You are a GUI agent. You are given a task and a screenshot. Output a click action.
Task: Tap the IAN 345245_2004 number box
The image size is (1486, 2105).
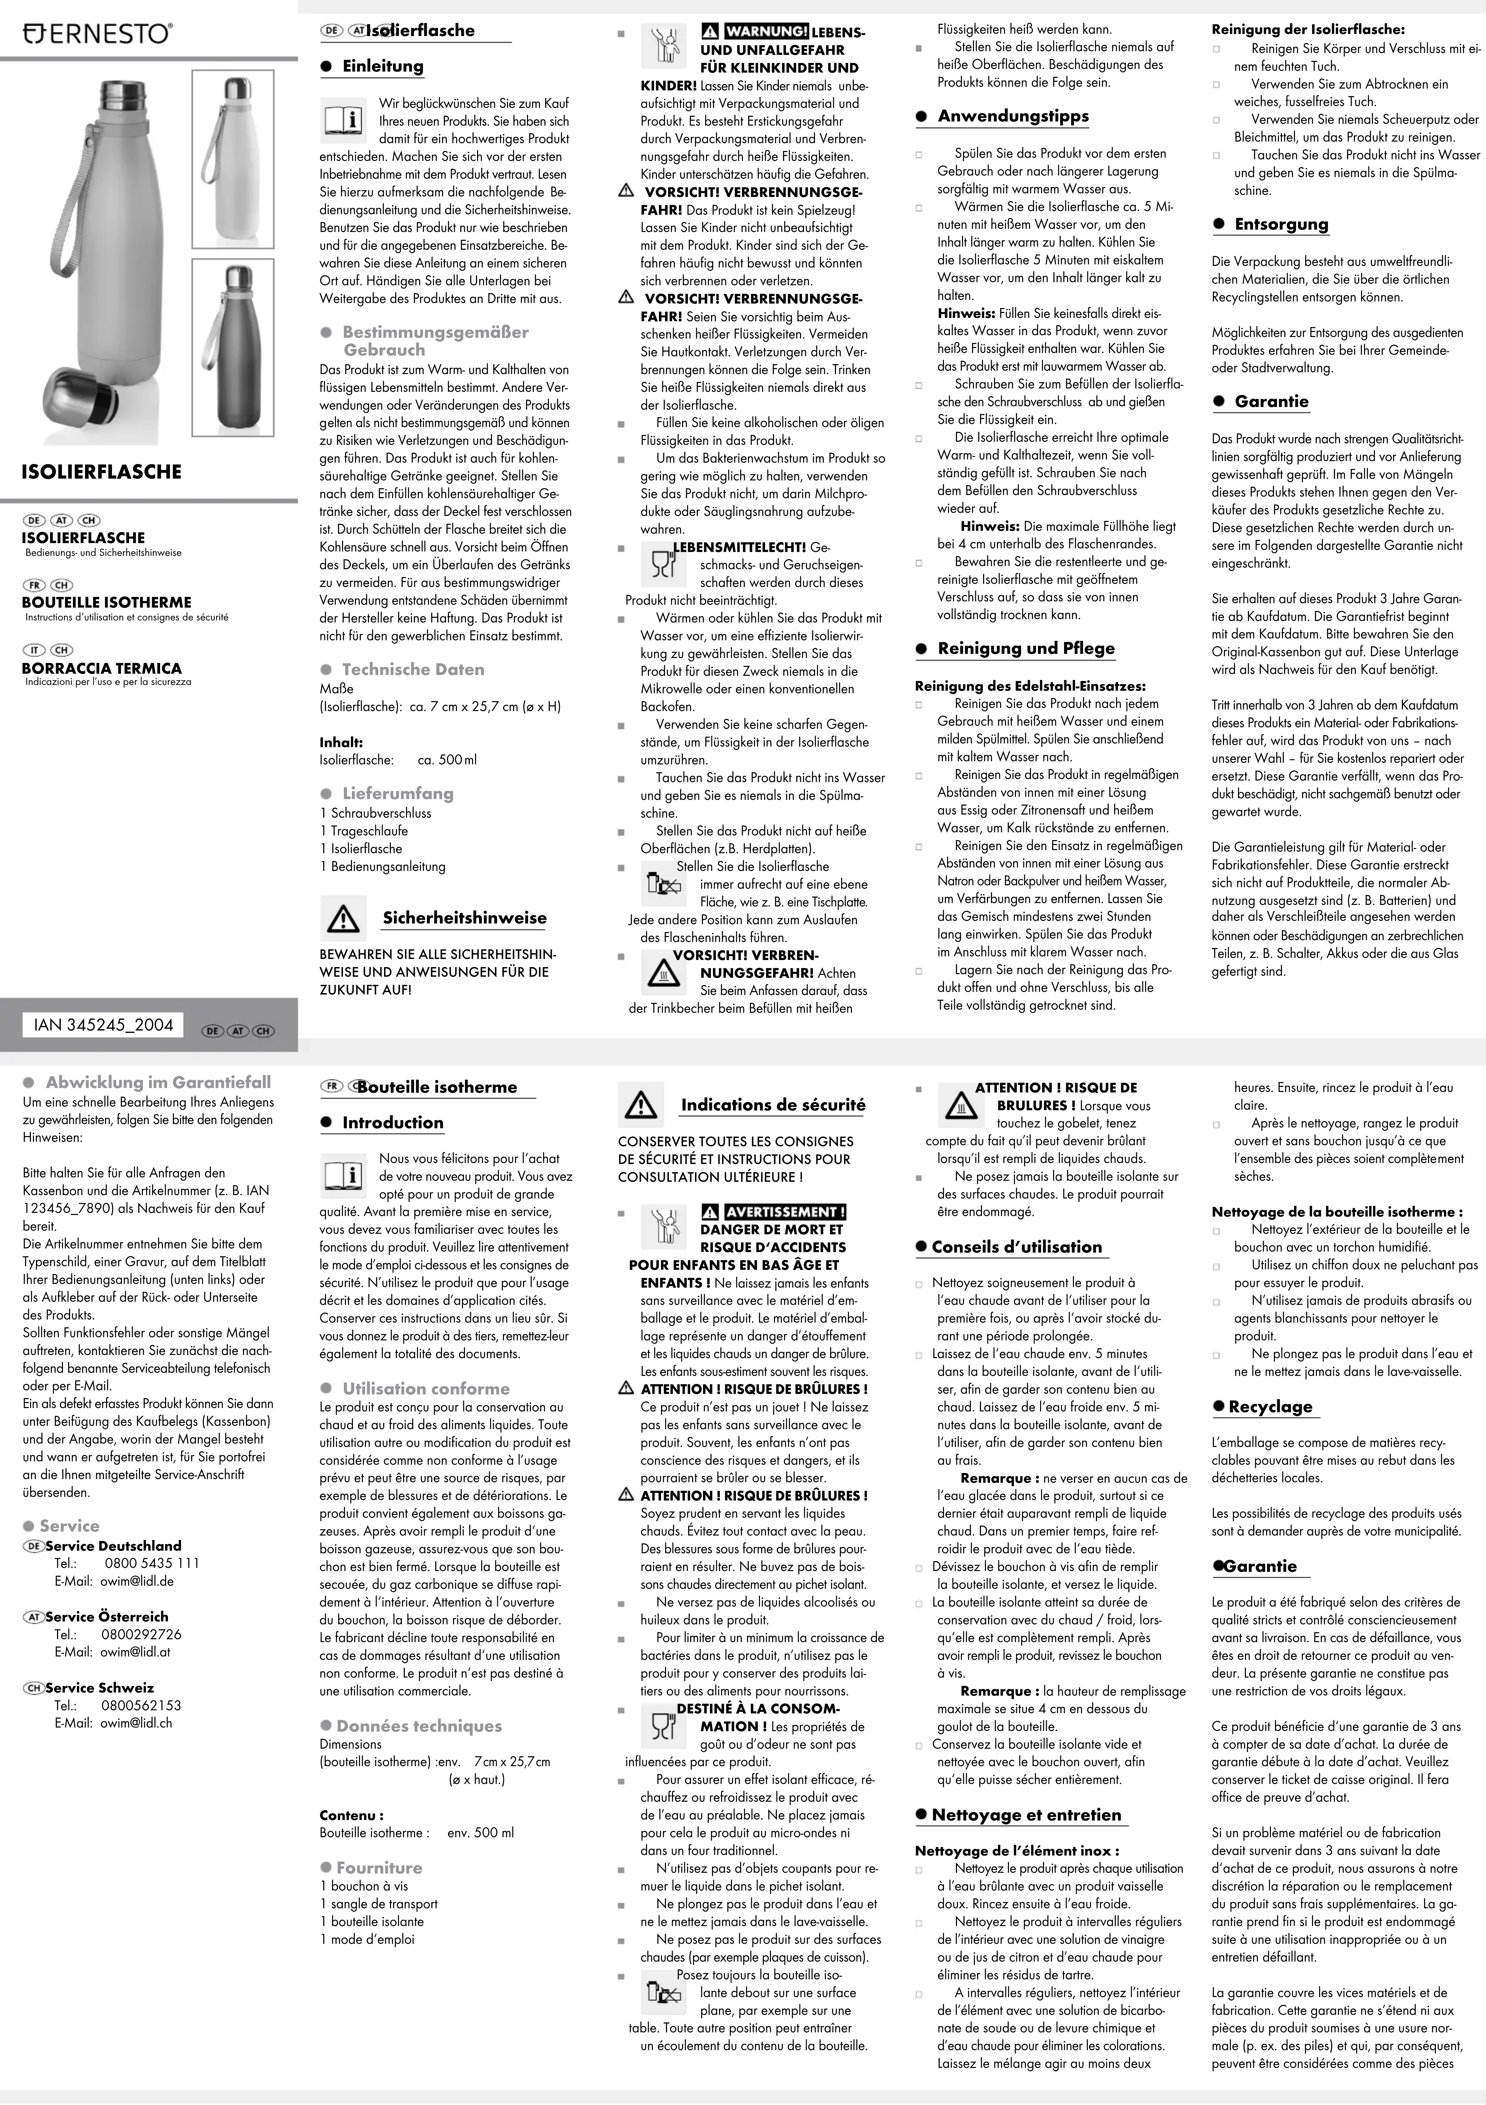[x=103, y=1025]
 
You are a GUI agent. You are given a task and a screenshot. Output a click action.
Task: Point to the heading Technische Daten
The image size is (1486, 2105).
[x=413, y=669]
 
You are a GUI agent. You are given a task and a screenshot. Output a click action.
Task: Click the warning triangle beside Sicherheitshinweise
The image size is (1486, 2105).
[x=343, y=919]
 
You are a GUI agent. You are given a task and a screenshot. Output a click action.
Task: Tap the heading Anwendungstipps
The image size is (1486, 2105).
[x=1013, y=117]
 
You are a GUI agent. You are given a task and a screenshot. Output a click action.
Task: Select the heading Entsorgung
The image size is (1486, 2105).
[x=1281, y=225]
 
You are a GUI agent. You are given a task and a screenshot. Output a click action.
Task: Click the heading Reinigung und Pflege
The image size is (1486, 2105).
[x=1026, y=648]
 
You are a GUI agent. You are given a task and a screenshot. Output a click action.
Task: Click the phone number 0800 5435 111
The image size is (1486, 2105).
[x=152, y=1563]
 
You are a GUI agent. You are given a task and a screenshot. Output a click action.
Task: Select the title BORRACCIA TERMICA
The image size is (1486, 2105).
[x=102, y=668]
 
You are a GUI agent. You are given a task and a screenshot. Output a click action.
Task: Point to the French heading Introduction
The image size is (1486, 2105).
[x=392, y=1122]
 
